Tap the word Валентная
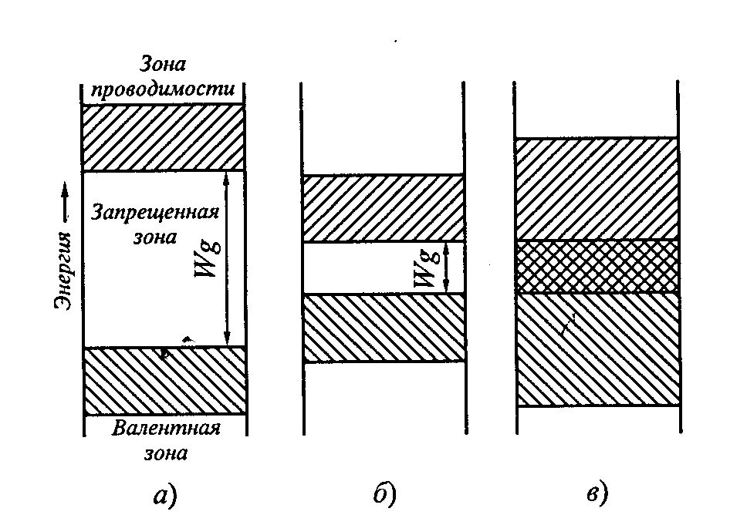click(166, 429)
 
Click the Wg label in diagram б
click(424, 269)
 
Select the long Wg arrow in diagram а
click(226, 258)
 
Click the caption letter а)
click(164, 496)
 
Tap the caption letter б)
click(384, 494)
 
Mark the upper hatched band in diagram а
click(163, 137)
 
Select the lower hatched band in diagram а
click(164, 381)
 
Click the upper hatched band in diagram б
click(384, 209)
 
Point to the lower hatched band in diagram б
click(384, 328)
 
